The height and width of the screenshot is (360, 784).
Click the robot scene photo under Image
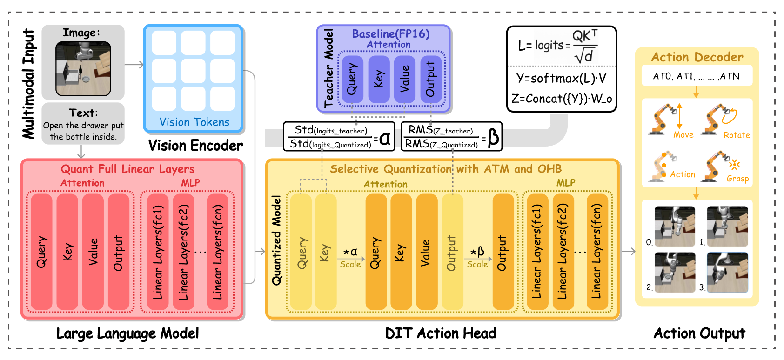tap(83, 68)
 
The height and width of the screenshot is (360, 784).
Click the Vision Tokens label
tap(194, 122)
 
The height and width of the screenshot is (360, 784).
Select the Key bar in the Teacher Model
tap(379, 80)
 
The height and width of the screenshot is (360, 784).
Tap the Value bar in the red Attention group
tap(93, 252)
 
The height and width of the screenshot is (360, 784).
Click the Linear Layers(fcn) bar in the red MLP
tap(218, 252)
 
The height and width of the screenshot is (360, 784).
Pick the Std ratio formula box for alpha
tap(339, 137)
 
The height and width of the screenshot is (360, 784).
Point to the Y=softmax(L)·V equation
tap(561, 78)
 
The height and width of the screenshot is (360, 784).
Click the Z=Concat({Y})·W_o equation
tap(561, 99)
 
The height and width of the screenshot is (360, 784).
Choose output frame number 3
tap(727, 273)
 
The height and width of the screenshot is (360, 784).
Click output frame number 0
tap(675, 227)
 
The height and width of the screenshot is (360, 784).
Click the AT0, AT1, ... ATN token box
tap(696, 76)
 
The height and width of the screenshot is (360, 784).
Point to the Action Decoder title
tap(697, 57)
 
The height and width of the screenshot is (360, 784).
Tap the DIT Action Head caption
tap(441, 333)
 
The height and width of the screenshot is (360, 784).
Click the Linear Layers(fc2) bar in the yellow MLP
tap(563, 252)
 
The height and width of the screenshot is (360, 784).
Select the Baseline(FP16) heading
tap(390, 34)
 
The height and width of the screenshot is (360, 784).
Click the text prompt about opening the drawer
tap(83, 131)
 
